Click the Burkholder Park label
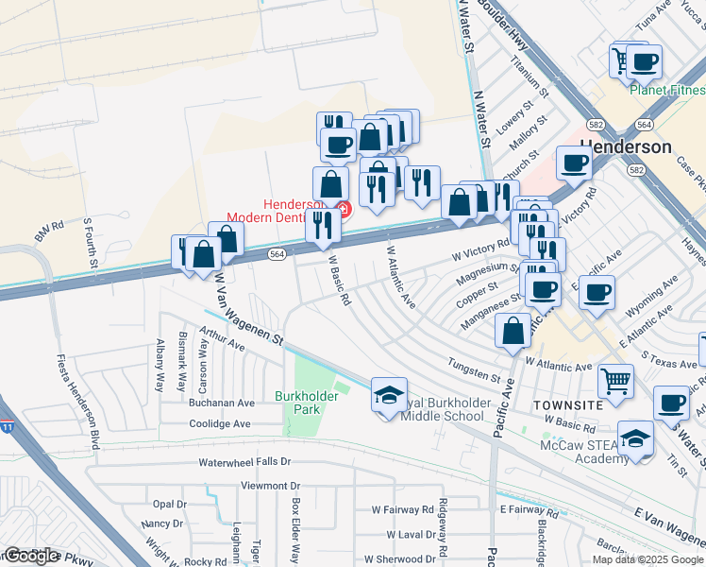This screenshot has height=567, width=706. coord(298,402)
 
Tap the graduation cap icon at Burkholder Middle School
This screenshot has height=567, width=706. coord(388,396)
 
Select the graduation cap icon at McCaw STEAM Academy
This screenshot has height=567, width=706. coord(635,438)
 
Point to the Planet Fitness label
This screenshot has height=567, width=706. coord(667,90)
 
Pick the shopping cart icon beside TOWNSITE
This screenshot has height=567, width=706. coord(615,381)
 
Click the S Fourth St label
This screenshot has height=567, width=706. coord(91,240)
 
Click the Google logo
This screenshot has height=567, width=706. coord(30,555)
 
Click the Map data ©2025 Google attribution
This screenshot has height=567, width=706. coord(647,559)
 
